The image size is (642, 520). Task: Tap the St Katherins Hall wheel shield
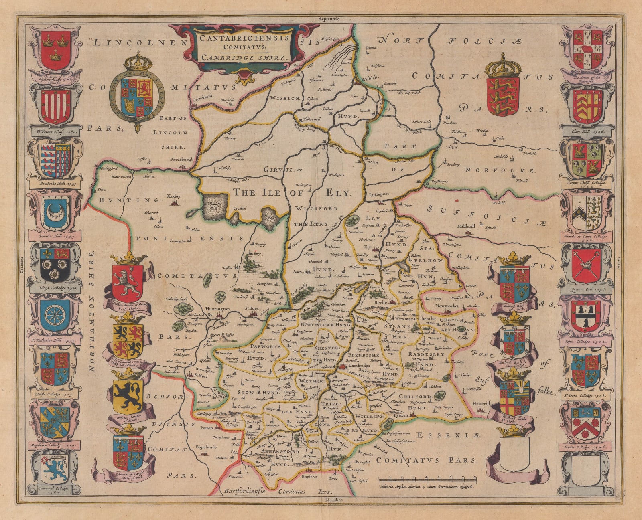[55, 316]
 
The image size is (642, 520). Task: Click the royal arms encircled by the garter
[138, 95]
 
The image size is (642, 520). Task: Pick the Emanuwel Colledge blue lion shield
[55, 469]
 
